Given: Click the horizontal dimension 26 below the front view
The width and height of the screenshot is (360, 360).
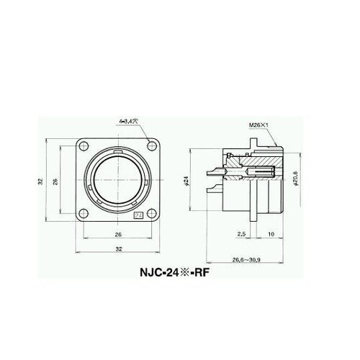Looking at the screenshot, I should tap(117, 234).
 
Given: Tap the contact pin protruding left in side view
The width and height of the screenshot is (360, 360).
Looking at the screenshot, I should tap(214, 173).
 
